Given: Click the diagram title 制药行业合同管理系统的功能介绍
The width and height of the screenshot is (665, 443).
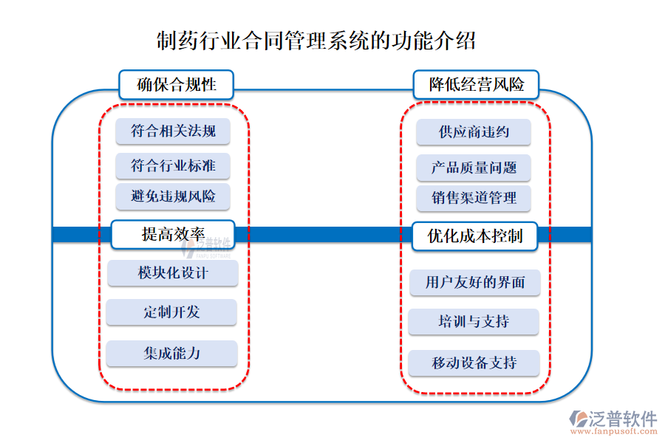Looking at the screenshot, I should coord(316,41).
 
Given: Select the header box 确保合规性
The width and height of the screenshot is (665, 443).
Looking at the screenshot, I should coord(177,85).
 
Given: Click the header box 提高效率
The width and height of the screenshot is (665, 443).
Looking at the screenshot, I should coord(173,235).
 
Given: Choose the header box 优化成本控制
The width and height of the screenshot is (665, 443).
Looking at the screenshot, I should coord(475,236).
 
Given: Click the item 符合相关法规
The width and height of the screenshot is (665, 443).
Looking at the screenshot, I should coord(173,131).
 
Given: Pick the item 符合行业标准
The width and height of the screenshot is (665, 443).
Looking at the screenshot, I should coord(173,166).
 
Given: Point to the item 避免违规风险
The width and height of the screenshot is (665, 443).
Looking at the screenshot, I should coord(173,196).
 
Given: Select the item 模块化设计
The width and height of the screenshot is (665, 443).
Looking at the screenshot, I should coord(173,273).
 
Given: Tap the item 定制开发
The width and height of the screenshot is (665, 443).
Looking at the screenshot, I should coord(171,312).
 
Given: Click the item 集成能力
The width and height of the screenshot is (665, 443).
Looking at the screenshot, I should coord(171,354).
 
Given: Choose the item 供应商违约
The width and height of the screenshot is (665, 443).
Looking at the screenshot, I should coord(474,132).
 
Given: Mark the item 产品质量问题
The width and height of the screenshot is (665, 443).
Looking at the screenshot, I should coord(474,168).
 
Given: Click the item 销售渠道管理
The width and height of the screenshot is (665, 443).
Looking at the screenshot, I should coord(474,198).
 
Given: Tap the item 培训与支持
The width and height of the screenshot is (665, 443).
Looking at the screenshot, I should coord(474,322).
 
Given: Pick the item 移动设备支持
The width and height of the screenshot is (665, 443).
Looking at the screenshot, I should coord(474,363).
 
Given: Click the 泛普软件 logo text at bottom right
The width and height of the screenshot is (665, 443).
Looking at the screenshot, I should coord(622,418).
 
